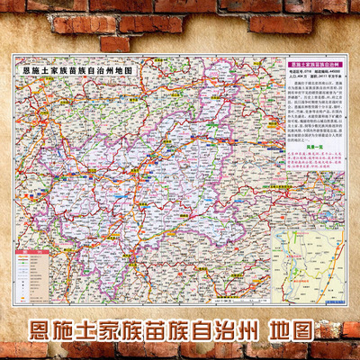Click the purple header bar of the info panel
[x=313, y=66]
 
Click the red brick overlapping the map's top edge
[x=115, y=43]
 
